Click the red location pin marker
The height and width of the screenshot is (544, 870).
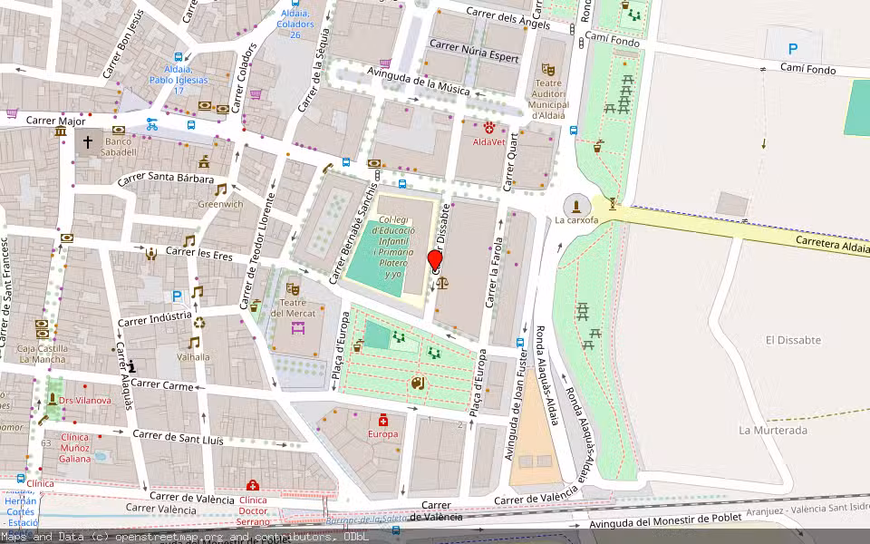pyautogui.click(x=435, y=261)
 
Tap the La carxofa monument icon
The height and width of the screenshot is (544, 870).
pyautogui.click(x=577, y=206)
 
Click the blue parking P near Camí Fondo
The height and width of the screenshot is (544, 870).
pyautogui.click(x=793, y=50)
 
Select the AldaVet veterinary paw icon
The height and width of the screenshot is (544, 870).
pyautogui.click(x=489, y=128)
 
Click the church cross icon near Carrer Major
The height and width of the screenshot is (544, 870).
pyautogui.click(x=88, y=141)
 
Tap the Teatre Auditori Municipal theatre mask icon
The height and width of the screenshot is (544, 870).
pyautogui.click(x=547, y=69)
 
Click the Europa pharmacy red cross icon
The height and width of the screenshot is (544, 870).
pyautogui.click(x=383, y=420)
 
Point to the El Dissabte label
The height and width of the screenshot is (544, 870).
pyautogui.click(x=793, y=340)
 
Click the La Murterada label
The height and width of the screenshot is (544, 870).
pyautogui.click(x=772, y=430)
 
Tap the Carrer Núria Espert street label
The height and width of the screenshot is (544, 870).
pyautogui.click(x=474, y=51)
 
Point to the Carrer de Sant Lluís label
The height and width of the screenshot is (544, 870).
pyautogui.click(x=178, y=438)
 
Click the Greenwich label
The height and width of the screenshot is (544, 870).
pyautogui.click(x=221, y=204)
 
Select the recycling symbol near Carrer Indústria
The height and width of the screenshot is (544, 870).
pyautogui.click(x=199, y=322)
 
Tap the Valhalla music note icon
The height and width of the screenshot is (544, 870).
pyautogui.click(x=193, y=342)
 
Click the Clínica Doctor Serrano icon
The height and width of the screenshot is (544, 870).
pyautogui.click(x=253, y=486)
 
